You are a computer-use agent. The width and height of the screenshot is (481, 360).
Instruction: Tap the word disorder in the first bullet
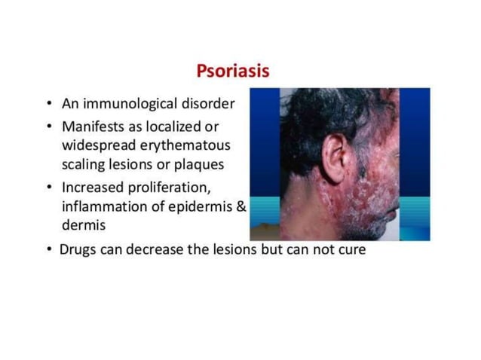[x=210, y=104]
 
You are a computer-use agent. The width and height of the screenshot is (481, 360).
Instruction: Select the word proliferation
[x=181, y=188]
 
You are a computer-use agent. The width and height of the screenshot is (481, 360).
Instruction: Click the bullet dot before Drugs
[x=49, y=249]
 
